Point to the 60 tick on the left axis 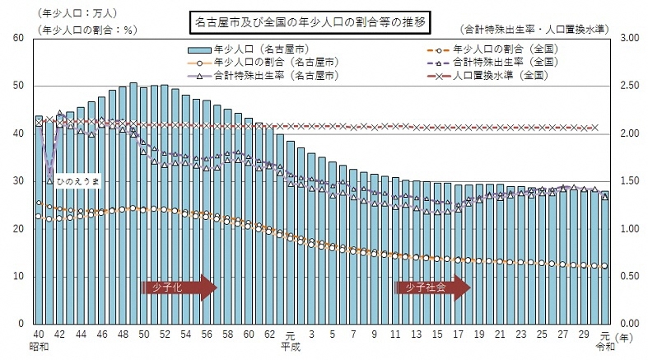pyautogui.click(x=18, y=39)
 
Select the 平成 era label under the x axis pyautogui.click(x=289, y=348)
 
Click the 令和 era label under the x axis pyautogui.click(x=604, y=348)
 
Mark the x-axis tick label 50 pyautogui.click(x=143, y=336)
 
